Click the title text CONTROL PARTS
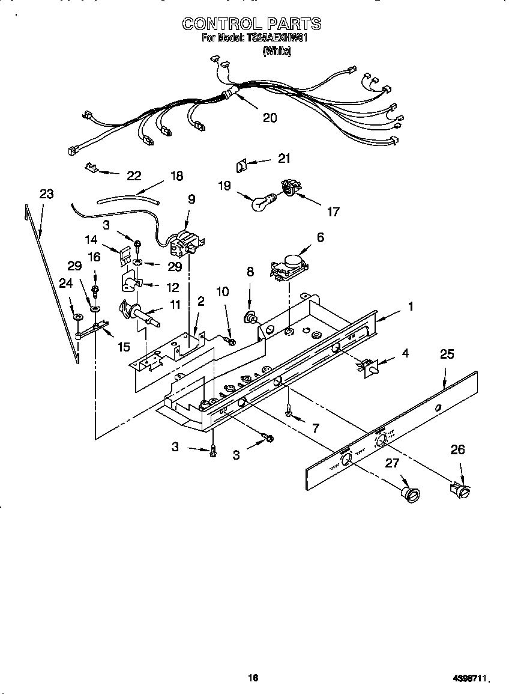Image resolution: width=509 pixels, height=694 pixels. point(251,24)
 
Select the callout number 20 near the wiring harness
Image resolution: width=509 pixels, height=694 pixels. point(270,118)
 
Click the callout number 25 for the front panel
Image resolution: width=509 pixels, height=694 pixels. point(447,354)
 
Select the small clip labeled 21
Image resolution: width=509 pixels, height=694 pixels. point(241,165)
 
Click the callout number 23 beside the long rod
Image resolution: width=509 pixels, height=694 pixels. point(46,194)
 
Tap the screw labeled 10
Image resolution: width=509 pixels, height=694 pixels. point(232,341)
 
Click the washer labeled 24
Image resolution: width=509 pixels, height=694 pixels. point(78,316)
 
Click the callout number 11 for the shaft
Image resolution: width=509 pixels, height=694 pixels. point(175,305)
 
